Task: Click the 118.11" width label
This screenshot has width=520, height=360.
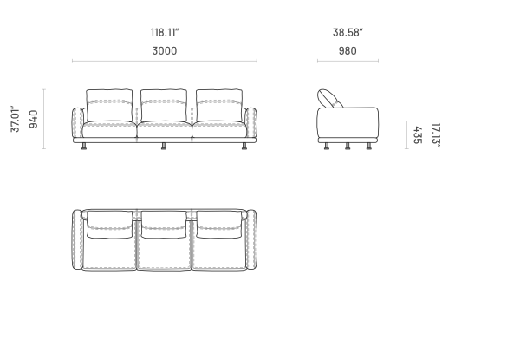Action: pyautogui.click(x=165, y=32)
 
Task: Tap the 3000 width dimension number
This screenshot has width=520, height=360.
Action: pyautogui.click(x=165, y=51)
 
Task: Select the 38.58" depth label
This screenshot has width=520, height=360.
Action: pyautogui.click(x=348, y=32)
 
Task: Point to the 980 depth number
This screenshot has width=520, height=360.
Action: pyautogui.click(x=348, y=51)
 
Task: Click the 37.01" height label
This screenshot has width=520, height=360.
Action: pyautogui.click(x=16, y=119)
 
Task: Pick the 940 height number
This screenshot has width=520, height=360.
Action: pyautogui.click(x=34, y=119)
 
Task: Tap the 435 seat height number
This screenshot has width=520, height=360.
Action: pyautogui.click(x=418, y=135)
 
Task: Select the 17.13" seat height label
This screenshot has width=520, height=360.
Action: pyautogui.click(x=436, y=135)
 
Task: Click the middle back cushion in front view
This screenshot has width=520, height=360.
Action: pyautogui.click(x=164, y=106)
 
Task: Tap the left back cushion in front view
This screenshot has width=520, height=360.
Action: pyautogui.click(x=109, y=106)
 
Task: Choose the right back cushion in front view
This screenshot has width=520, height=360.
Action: pyautogui.click(x=219, y=106)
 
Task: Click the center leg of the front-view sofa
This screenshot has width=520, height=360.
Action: pyautogui.click(x=164, y=146)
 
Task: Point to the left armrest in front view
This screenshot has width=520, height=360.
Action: pyautogui.click(x=78, y=122)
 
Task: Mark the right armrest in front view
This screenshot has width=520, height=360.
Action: pyautogui.click(x=250, y=122)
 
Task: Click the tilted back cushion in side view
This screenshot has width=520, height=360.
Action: pyautogui.click(x=329, y=99)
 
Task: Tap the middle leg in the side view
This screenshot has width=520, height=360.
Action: pyautogui.click(x=348, y=146)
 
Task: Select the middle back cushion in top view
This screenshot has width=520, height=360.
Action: pyautogui.click(x=164, y=225)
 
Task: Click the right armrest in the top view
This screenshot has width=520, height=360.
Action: pyautogui.click(x=251, y=239)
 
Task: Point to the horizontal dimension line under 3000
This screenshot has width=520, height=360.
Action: pyautogui.click(x=165, y=61)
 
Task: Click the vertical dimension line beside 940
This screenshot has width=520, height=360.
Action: pyautogui.click(x=44, y=119)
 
